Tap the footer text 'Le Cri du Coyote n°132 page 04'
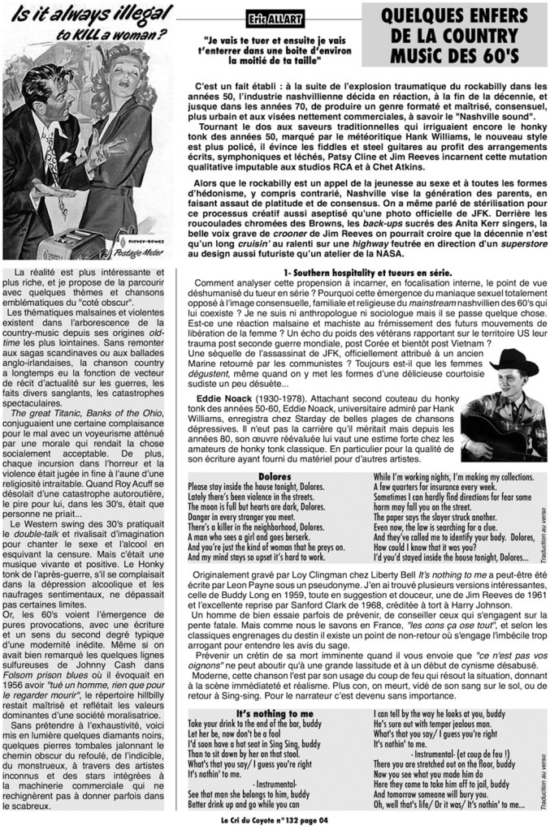point(275,820)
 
